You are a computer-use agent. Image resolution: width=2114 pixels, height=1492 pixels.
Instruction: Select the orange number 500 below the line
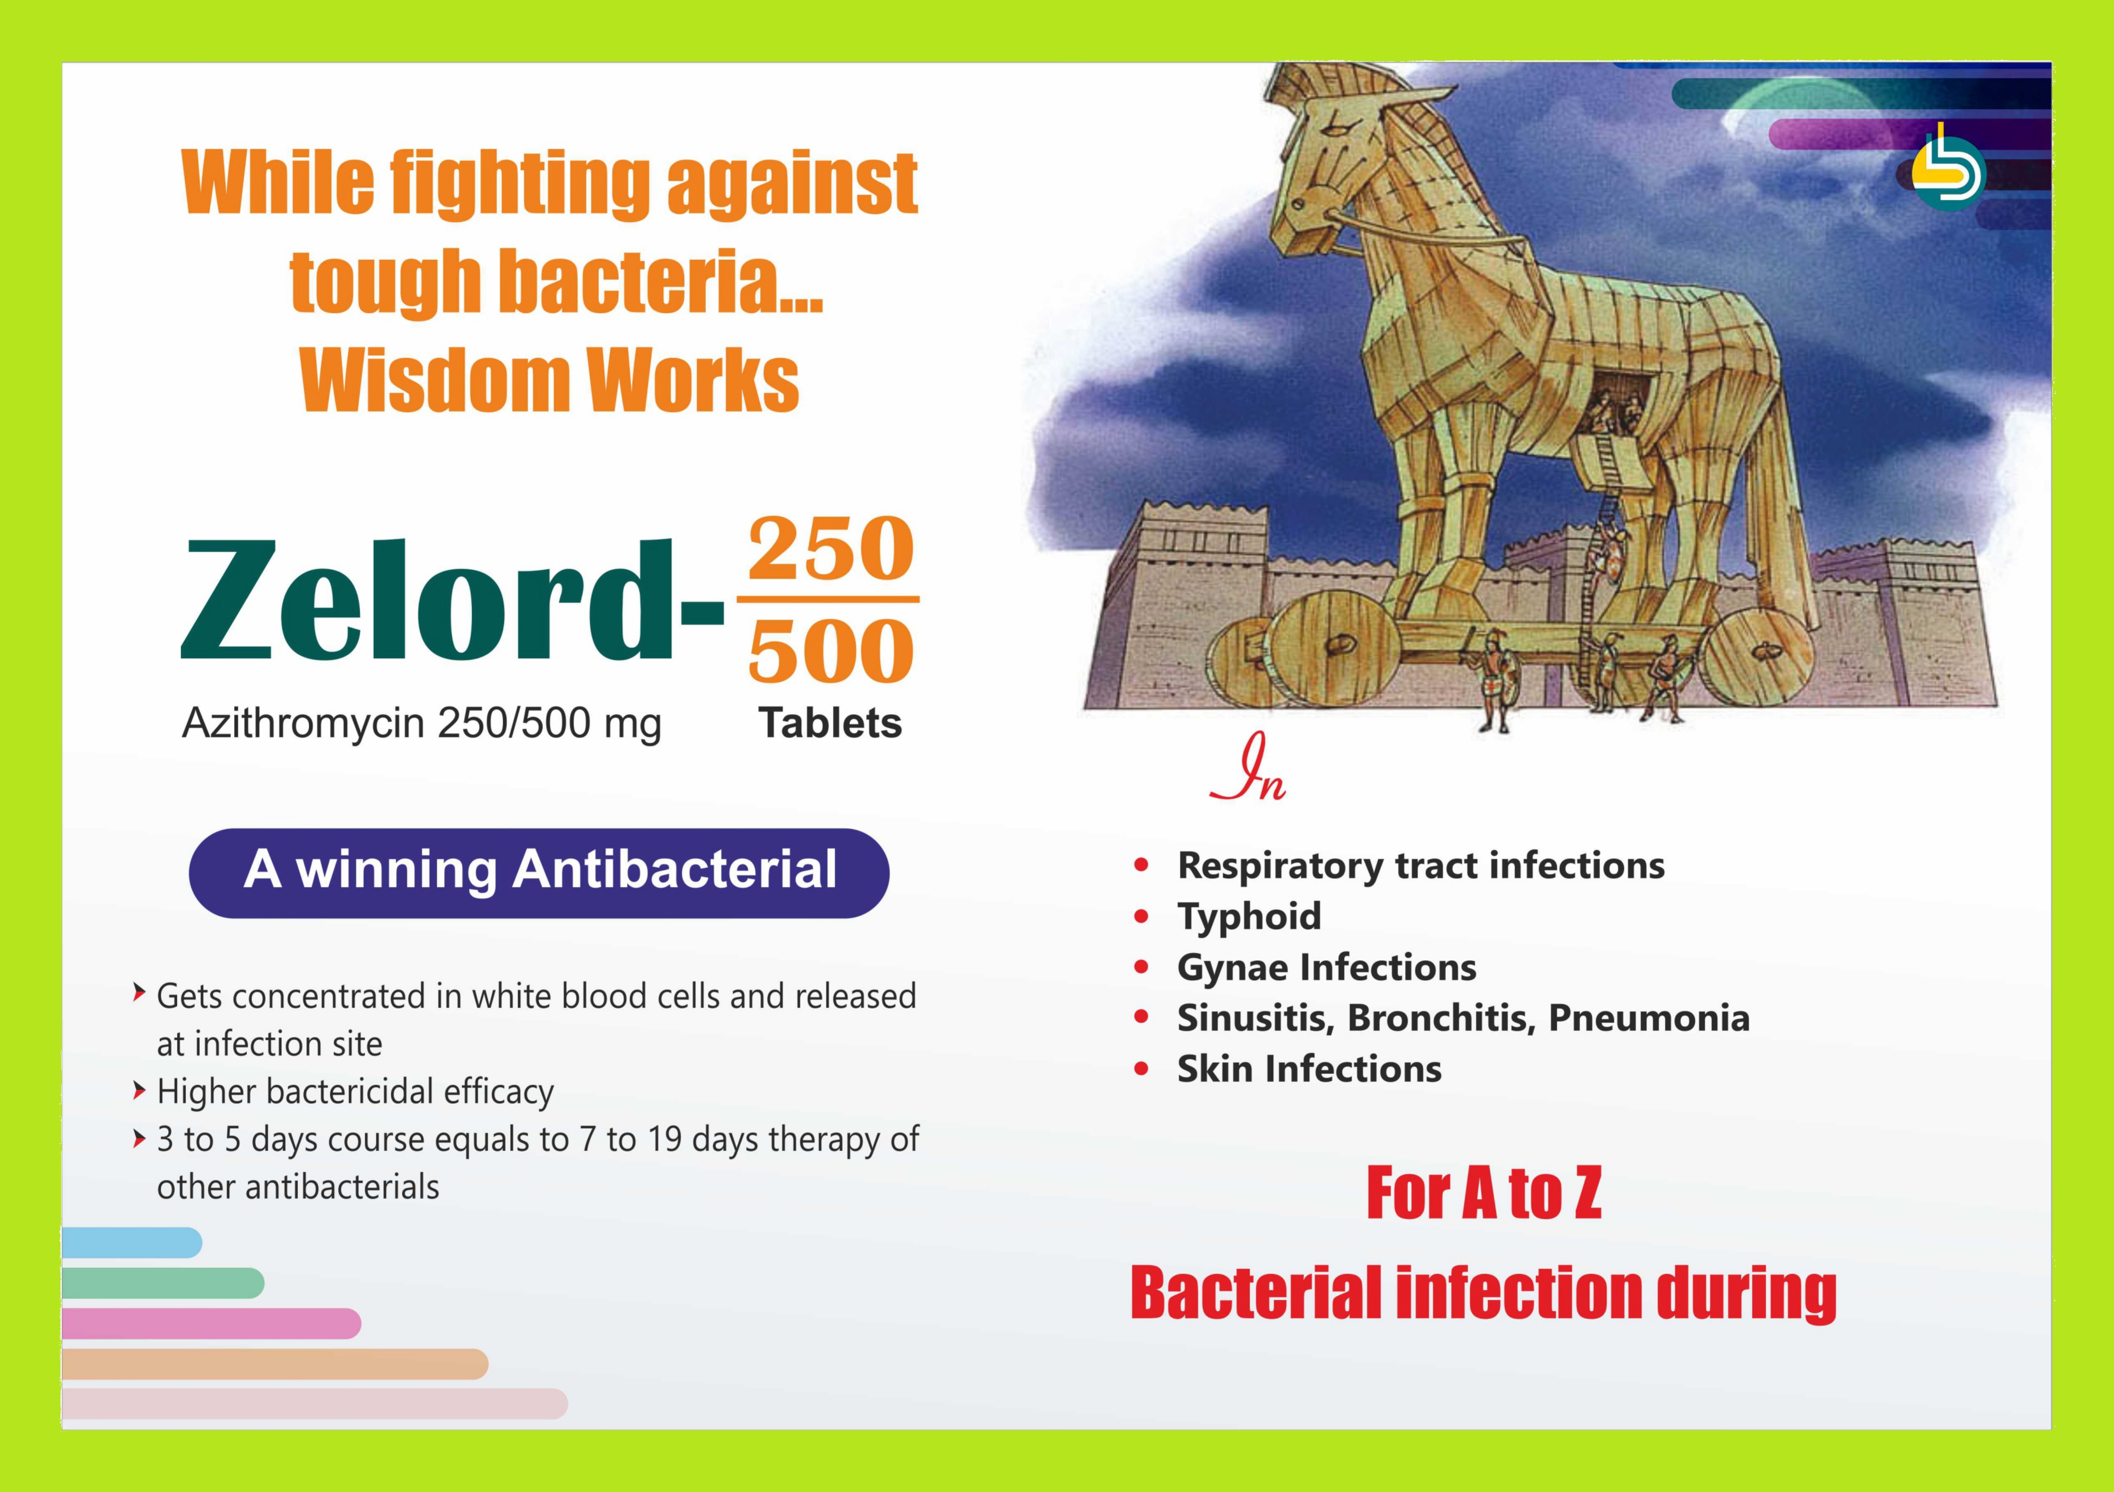pyautogui.click(x=831, y=650)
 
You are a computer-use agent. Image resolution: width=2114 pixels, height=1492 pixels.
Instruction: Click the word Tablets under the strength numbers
pyautogui.click(x=829, y=724)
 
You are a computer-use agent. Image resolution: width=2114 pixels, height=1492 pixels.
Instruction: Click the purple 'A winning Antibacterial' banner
pyautogui.click(x=538, y=872)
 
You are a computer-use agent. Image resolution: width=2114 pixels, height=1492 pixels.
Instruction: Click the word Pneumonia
pyautogui.click(x=1648, y=1018)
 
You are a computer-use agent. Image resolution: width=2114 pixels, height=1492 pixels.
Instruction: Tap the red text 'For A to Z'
pyautogui.click(x=1483, y=1194)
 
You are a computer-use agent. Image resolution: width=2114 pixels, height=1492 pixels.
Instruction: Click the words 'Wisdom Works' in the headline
pyautogui.click(x=550, y=381)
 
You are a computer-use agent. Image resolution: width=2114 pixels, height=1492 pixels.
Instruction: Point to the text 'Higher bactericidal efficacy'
pyautogui.click(x=355, y=1092)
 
